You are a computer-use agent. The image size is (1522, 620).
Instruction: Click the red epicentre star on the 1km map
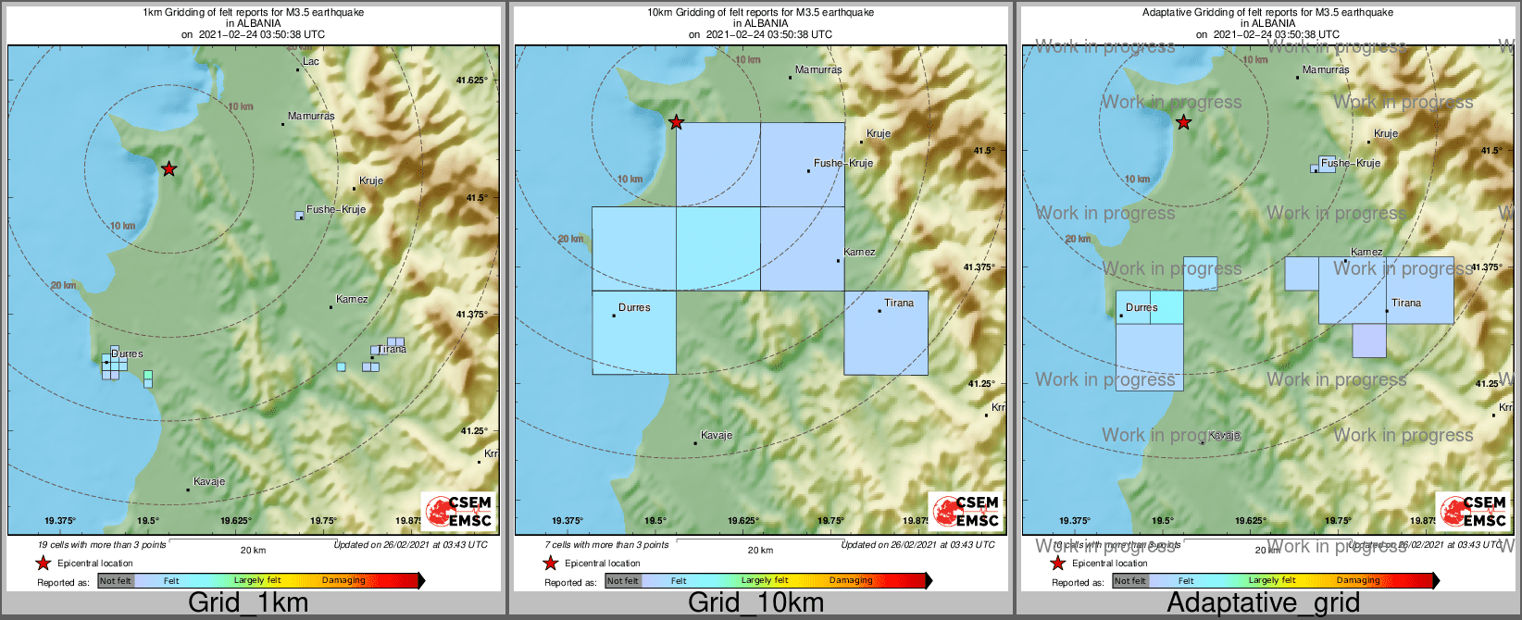click(x=168, y=168)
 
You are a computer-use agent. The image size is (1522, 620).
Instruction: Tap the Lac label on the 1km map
click(x=311, y=62)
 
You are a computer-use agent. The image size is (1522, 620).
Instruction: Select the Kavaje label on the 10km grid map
click(x=717, y=435)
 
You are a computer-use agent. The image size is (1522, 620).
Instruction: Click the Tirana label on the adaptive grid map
click(x=1405, y=303)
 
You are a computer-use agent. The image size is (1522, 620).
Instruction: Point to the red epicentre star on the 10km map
click(x=677, y=122)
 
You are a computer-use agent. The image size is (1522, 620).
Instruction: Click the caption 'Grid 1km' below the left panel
click(x=248, y=602)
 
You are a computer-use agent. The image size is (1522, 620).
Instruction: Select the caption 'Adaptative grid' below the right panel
click(x=1263, y=602)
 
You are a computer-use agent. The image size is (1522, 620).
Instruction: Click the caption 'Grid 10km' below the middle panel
click(x=755, y=602)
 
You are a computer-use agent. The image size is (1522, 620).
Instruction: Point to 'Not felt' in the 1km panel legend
click(x=115, y=581)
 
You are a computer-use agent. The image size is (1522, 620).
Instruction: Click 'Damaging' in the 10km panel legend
click(x=851, y=581)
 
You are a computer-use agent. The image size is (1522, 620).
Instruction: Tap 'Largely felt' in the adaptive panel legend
click(x=1272, y=581)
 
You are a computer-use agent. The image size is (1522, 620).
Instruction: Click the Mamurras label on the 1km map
click(x=311, y=117)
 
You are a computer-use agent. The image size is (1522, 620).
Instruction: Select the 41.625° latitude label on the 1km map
click(x=471, y=81)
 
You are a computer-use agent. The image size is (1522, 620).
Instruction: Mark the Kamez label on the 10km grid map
click(x=859, y=252)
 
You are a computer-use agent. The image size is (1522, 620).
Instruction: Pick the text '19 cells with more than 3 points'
click(x=102, y=545)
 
